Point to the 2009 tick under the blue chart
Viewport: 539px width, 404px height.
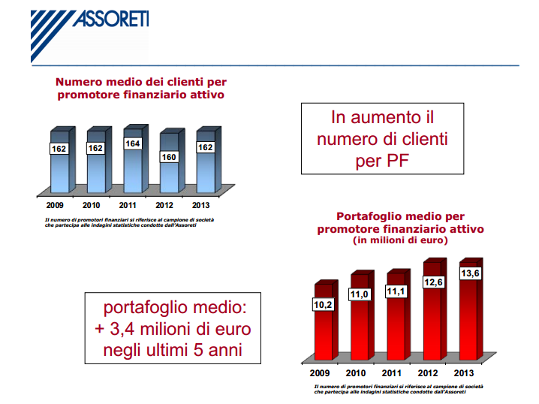[55, 205]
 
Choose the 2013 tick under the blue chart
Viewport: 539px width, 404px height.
[201, 205]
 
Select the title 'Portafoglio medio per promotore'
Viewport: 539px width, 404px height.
[400, 222]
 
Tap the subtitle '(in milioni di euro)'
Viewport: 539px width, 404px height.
[400, 241]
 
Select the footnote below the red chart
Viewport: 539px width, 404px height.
[400, 388]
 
